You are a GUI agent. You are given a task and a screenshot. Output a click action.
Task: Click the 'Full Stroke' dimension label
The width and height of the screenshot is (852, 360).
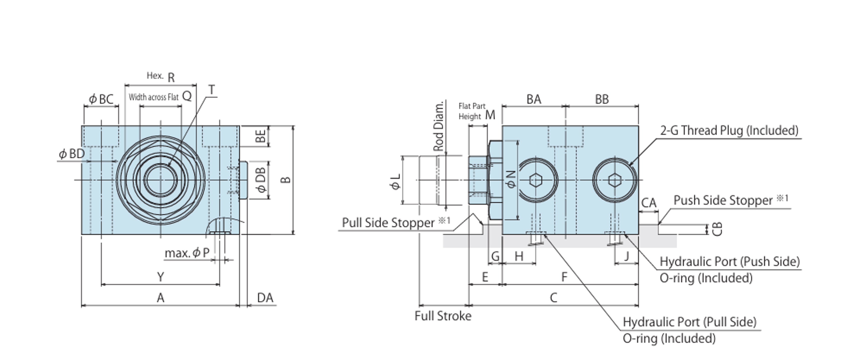443,316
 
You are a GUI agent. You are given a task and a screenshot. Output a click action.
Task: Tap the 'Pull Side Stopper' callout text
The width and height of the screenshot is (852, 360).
388,223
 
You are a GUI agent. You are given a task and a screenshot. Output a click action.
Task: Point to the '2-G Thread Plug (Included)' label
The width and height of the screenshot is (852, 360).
729,131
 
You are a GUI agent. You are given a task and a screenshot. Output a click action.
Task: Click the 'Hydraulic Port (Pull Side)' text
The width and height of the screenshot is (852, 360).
689,322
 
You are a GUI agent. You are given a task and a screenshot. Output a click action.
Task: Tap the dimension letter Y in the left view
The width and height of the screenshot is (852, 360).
161,277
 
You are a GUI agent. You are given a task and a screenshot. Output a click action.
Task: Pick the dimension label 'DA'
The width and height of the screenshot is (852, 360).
265,298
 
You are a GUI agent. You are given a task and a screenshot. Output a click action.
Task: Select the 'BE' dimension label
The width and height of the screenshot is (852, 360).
261,136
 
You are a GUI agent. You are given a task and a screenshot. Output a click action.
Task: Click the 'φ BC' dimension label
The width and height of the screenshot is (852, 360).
101,99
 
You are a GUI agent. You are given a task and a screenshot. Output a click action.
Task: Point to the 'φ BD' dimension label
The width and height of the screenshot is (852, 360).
72,154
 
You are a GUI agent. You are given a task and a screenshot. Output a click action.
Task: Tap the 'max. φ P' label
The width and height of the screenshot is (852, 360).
187,253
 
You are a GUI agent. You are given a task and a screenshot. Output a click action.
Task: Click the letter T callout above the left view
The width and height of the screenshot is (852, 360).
211,90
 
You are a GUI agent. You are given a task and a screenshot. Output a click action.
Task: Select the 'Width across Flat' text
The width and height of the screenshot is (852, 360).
153,97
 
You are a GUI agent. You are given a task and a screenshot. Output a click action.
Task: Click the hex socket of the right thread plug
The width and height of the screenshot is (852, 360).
615,180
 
